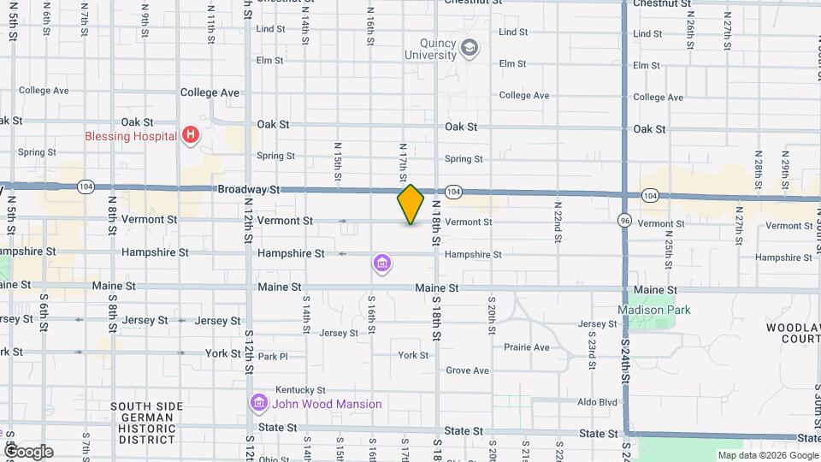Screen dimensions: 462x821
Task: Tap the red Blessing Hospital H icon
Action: click(192, 135)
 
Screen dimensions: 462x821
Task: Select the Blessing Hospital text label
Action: click(130, 136)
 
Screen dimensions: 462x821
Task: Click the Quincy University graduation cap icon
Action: click(469, 48)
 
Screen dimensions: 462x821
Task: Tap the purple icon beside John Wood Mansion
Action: click(258, 403)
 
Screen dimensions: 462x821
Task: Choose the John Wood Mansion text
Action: click(327, 404)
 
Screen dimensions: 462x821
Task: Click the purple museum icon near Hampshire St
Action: click(382, 264)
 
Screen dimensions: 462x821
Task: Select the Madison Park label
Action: click(654, 310)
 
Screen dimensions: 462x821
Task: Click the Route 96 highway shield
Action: click(626, 220)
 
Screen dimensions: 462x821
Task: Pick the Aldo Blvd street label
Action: click(597, 401)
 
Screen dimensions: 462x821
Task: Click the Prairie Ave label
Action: click(527, 347)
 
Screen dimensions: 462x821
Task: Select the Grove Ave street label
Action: click(467, 370)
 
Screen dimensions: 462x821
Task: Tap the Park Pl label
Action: click(273, 357)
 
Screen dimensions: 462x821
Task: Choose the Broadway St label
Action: click(249, 189)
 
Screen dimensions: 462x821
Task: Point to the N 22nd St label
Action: click(557, 222)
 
